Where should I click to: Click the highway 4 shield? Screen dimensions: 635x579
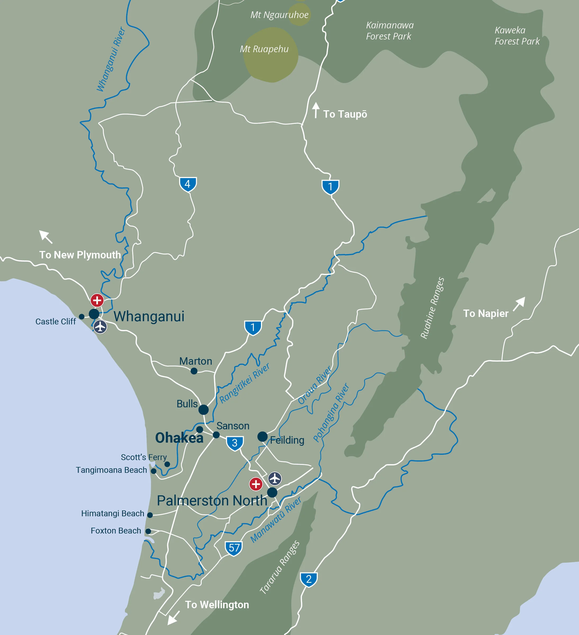(x=188, y=184)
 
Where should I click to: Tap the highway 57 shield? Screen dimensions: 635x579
(x=234, y=548)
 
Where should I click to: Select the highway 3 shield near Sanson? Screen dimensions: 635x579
(x=235, y=443)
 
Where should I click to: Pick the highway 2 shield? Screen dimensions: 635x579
(x=309, y=579)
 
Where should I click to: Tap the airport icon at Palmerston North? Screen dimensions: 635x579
(x=275, y=478)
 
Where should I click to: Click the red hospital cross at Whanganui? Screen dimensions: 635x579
(x=97, y=300)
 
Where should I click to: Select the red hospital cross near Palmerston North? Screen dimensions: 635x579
(x=256, y=484)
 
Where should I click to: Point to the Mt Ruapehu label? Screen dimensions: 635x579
(x=264, y=49)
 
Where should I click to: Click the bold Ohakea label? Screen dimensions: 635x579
(x=179, y=438)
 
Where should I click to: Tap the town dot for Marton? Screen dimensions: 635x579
(x=194, y=371)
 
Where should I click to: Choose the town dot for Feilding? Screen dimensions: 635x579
(x=262, y=436)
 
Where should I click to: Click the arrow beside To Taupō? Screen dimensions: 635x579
(x=316, y=110)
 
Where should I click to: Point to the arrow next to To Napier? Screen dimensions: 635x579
(x=519, y=304)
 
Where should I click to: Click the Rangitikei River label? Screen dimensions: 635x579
(x=244, y=383)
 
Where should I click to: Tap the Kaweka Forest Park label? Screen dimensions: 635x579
(x=517, y=36)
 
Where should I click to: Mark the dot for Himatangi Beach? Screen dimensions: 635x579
(x=150, y=515)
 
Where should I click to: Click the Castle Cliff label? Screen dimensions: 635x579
(x=55, y=321)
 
